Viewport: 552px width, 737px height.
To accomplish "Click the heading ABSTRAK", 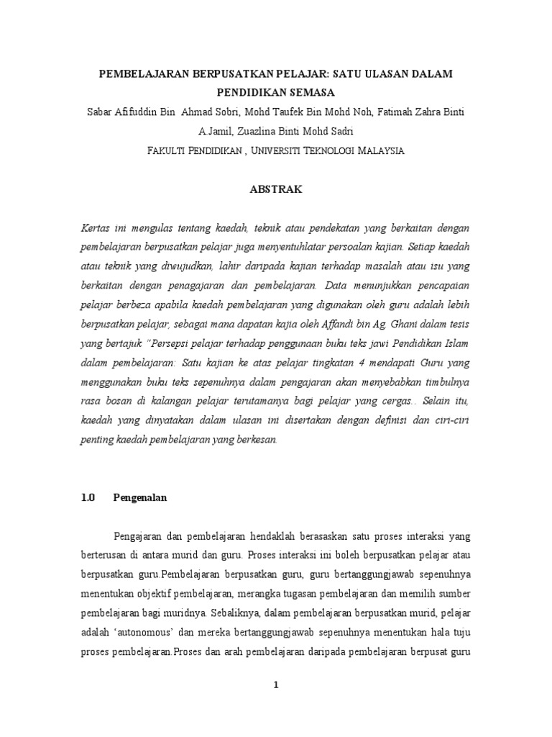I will (x=276, y=190).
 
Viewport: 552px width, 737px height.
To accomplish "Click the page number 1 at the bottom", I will (x=275, y=686).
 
